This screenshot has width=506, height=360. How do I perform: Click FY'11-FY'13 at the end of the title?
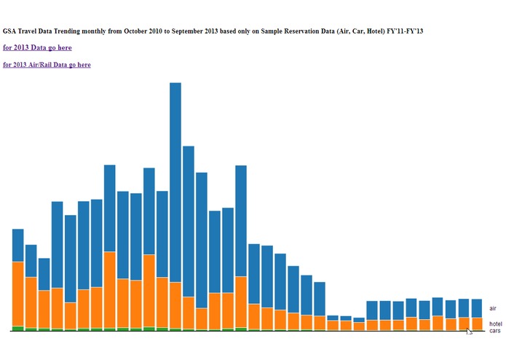point(405,31)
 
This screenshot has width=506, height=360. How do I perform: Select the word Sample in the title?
point(274,31)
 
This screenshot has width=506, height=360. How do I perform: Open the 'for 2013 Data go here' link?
point(37,47)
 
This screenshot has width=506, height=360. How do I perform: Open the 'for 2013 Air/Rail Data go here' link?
point(47,65)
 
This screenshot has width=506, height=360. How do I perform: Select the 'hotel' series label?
point(495,324)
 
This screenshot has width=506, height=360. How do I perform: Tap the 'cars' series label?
point(494,331)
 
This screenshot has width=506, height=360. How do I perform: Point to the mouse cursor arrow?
point(469,331)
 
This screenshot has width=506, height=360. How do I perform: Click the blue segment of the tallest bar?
point(175,182)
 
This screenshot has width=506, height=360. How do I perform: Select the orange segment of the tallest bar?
point(175,305)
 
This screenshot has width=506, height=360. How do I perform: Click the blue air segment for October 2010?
point(18,245)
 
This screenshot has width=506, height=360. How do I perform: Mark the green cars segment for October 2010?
point(18,328)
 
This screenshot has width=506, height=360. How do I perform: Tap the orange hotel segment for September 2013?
point(477,324)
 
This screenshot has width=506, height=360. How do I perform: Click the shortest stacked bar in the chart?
point(359,324)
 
